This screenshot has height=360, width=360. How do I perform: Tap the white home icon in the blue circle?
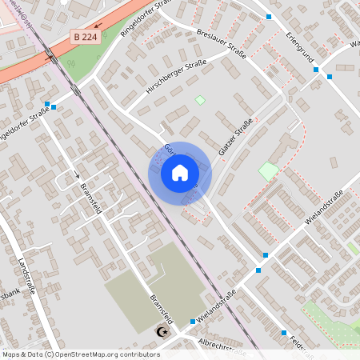[x=180, y=172]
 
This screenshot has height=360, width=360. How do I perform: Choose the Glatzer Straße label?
[x=235, y=137]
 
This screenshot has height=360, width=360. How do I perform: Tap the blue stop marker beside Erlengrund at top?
[x=269, y=16]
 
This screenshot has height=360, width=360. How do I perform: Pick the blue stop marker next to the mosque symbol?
[x=192, y=322]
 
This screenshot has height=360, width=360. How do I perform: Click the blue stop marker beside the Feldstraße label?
[x=284, y=333]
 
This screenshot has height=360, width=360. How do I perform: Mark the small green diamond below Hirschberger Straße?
[x=200, y=100]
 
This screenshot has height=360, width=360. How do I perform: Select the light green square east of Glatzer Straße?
[x=269, y=170]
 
